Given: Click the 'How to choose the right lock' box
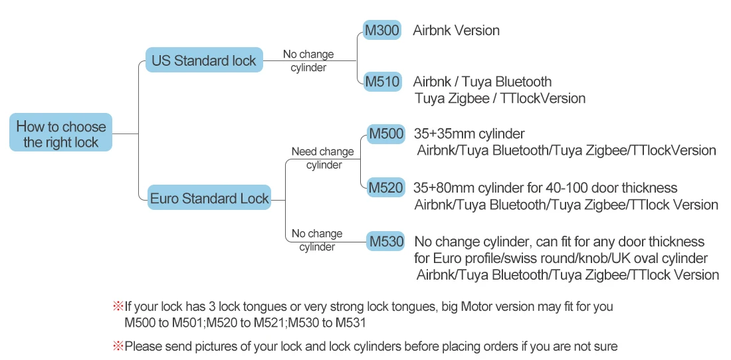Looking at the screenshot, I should pos(60,134).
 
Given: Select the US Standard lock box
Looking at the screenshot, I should pos(203,60).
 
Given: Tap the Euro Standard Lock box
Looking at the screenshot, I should pos(209,198).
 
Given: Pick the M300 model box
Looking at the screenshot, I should pos(382,31).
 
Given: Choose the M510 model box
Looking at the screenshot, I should pos(382,82).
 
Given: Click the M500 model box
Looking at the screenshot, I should pos(386,134).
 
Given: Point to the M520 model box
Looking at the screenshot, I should pos(386,188).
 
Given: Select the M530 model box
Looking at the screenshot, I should pos(386,241).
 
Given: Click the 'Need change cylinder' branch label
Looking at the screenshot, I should pos(323,158).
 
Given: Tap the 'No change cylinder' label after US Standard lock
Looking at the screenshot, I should pos(308,60).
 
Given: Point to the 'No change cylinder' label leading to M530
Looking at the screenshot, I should pos(317,240).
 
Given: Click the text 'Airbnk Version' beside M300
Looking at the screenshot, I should pos(456,31).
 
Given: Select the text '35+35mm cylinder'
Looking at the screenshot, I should pos(469,134).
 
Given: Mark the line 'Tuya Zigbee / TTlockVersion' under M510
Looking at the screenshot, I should pos(500,98).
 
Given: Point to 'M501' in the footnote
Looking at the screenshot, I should pos(188,323).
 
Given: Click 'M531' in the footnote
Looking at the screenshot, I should pos(350,323).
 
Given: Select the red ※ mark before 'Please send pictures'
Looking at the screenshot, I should pos(118,346).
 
